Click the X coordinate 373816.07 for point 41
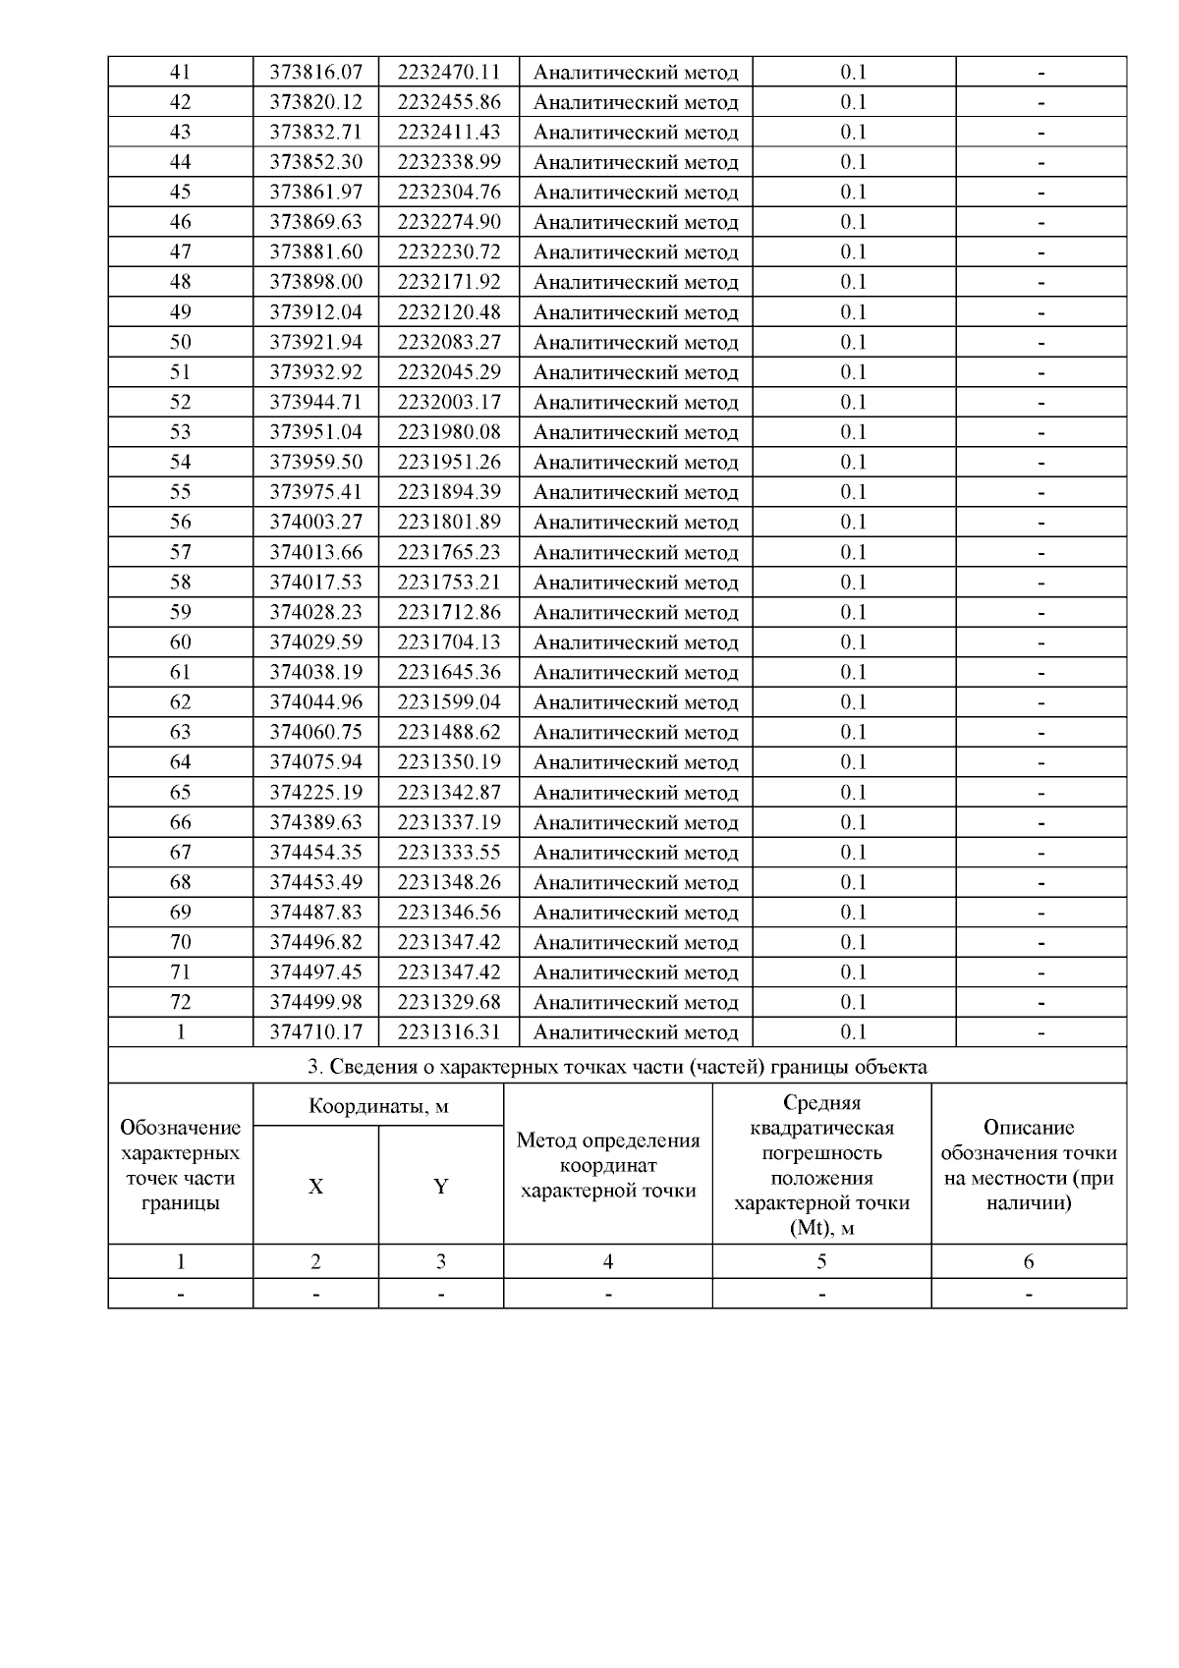pyautogui.click(x=315, y=72)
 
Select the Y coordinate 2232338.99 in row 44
pyautogui.click(x=449, y=162)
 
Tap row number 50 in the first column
pyautogui.click(x=180, y=342)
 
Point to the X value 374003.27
pyautogui.click(x=315, y=522)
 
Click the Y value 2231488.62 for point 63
pyautogui.click(x=449, y=732)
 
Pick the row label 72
pyautogui.click(x=180, y=1002)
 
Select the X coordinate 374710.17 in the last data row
pyautogui.click(x=315, y=1032)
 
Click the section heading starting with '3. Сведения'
pyautogui.click(x=617, y=1067)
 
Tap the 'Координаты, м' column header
pyautogui.click(x=378, y=1106)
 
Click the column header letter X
pyautogui.click(x=315, y=1187)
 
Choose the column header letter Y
pyautogui.click(x=441, y=1187)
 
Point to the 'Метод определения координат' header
pyautogui.click(x=608, y=1166)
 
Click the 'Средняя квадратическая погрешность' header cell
pyautogui.click(x=821, y=1165)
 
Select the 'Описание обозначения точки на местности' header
pyautogui.click(x=1029, y=1165)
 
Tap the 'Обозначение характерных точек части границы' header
pyautogui.click(x=180, y=1165)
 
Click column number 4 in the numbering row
pyautogui.click(x=608, y=1262)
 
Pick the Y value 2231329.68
pyautogui.click(x=449, y=1002)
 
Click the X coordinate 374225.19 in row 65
pyautogui.click(x=315, y=792)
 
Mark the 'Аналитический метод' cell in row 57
pyautogui.click(x=635, y=552)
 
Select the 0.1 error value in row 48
pyautogui.click(x=853, y=282)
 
